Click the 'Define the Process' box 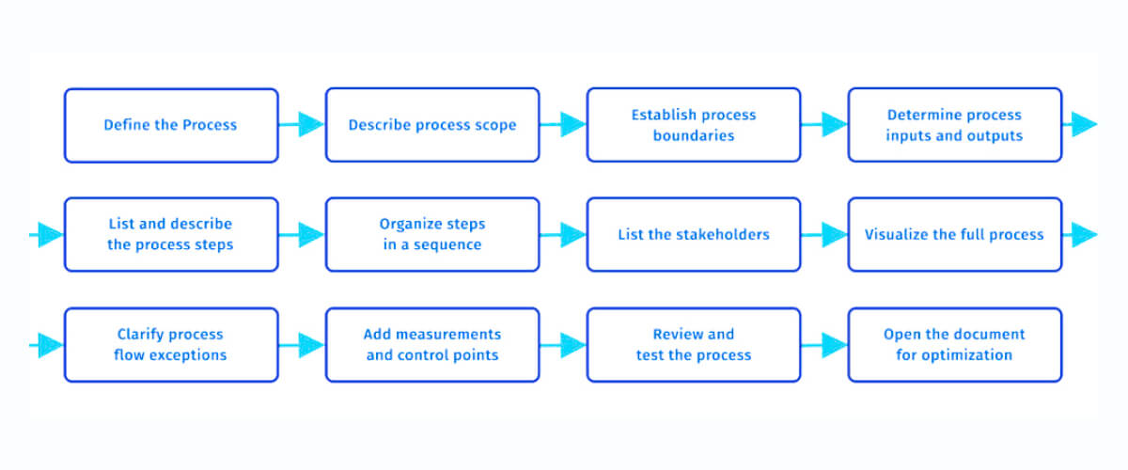coord(171,125)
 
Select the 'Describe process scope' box coord(432,125)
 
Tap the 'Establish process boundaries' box coord(694,125)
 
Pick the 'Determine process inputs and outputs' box coord(954,125)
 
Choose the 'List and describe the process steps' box coord(171,235)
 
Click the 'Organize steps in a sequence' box coord(432,235)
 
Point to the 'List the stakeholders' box coord(694,235)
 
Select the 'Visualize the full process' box coord(954,235)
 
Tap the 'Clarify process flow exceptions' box coord(171,345)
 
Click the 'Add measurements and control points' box coord(432,345)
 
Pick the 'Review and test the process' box coord(694,345)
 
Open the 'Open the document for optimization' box coord(954,345)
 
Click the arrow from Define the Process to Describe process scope coord(303,124)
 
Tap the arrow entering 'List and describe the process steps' coord(47,235)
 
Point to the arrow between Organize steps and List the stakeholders coord(564,235)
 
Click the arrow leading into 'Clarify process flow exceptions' coord(47,345)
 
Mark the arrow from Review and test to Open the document coord(825,345)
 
